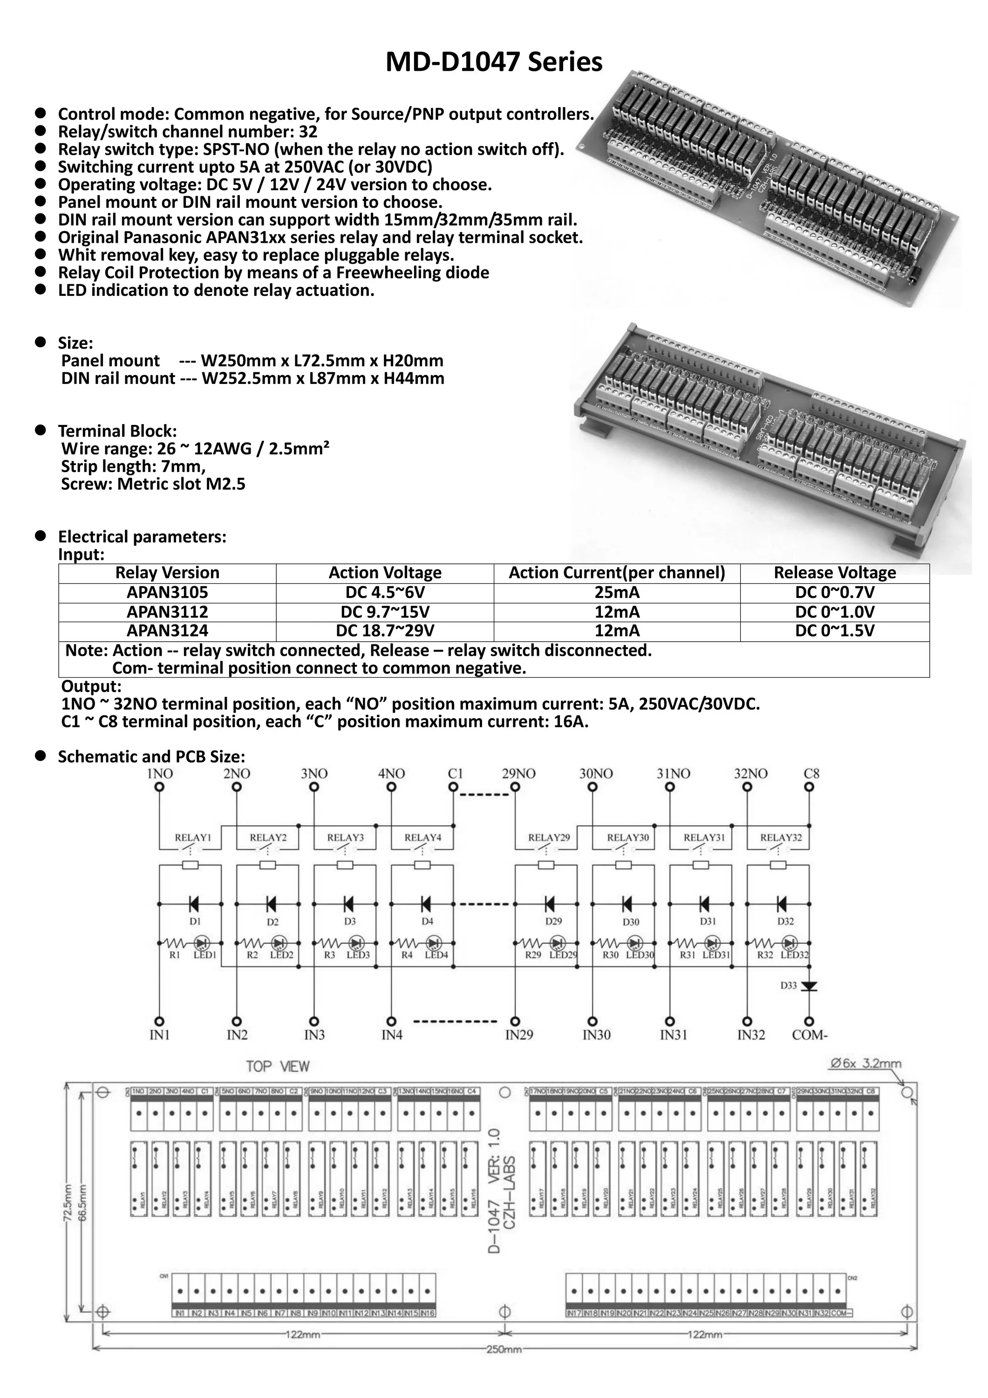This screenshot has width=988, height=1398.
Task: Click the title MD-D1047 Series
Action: tap(494, 62)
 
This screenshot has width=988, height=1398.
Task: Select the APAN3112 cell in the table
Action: tap(167, 611)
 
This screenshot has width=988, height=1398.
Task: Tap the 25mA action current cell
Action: tap(617, 592)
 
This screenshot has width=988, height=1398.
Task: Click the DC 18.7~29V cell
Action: tap(385, 631)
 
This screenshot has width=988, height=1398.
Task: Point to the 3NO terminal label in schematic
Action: tap(313, 774)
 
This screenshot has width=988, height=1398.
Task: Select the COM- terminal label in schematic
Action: tap(810, 1035)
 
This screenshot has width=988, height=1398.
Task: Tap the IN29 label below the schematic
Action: tap(518, 1035)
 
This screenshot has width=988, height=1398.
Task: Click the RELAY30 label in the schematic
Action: tap(627, 838)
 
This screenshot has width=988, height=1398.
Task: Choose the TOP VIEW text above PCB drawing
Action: tap(278, 1067)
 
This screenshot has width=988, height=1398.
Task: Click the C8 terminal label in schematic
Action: tap(811, 774)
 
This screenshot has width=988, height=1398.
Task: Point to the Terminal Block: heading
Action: tap(117, 431)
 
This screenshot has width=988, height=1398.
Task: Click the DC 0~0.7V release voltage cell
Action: tap(835, 592)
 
